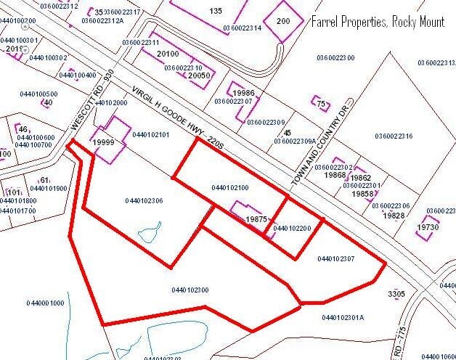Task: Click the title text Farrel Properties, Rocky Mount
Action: click(378, 22)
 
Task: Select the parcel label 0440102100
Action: click(230, 188)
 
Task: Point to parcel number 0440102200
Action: click(292, 229)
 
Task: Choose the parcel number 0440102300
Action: click(190, 290)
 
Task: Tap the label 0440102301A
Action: click(342, 317)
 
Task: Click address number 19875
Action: click(257, 218)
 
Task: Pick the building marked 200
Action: click(283, 21)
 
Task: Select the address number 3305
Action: click(396, 293)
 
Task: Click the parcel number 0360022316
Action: click(394, 136)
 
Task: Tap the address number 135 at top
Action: click(215, 11)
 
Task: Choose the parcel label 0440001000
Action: click(45, 303)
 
